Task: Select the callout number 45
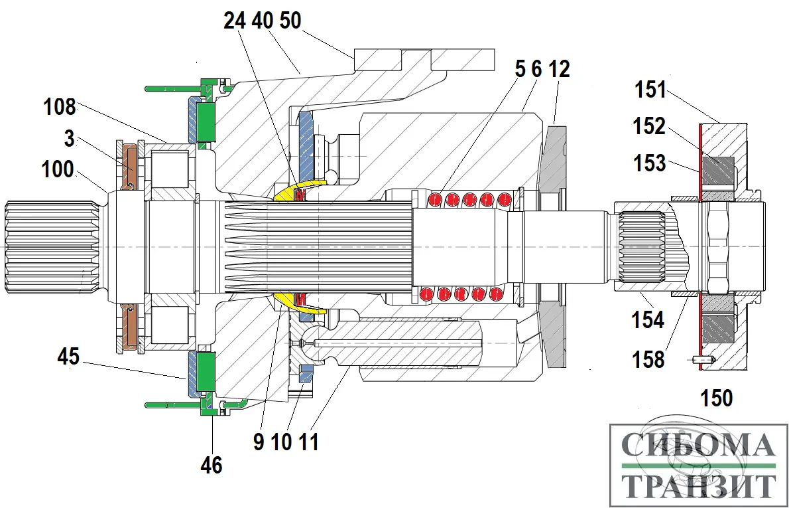(x=68, y=357)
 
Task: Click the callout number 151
(x=651, y=89)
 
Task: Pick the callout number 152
(x=649, y=126)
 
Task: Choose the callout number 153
(x=649, y=162)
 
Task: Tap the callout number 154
(x=648, y=319)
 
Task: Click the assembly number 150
(x=717, y=398)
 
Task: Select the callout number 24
(x=235, y=21)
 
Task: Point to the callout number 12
(x=558, y=68)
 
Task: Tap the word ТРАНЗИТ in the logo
(x=699, y=485)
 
